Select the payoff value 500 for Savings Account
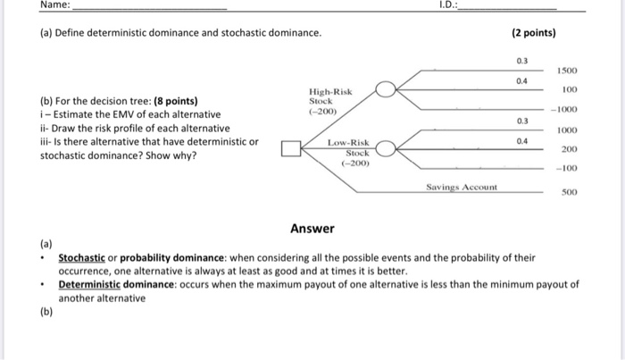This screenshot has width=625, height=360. click(568, 191)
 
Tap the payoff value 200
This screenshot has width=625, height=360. click(569, 149)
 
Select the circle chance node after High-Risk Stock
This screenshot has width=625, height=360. click(385, 88)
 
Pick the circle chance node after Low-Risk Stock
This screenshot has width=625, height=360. click(385, 148)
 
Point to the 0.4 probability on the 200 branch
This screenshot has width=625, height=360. click(522, 140)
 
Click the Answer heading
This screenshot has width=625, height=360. click(312, 228)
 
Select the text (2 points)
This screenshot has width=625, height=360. click(534, 33)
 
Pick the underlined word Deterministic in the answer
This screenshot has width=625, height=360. click(94, 285)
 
